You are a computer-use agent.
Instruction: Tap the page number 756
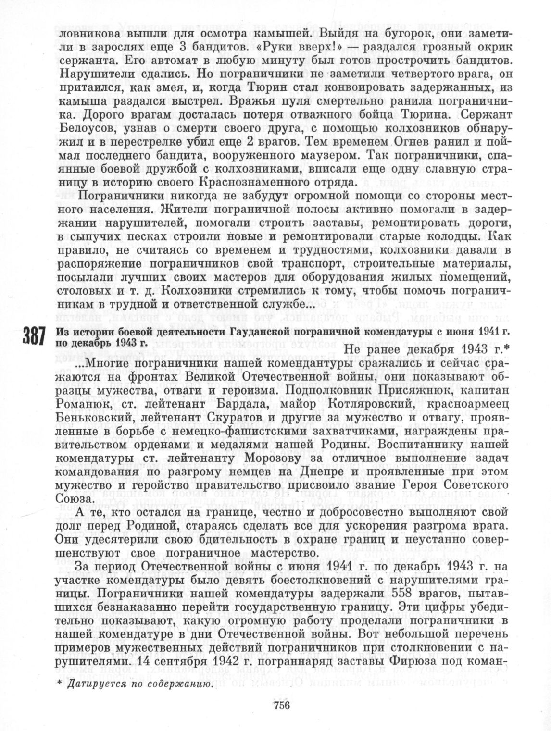pos(281,706)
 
